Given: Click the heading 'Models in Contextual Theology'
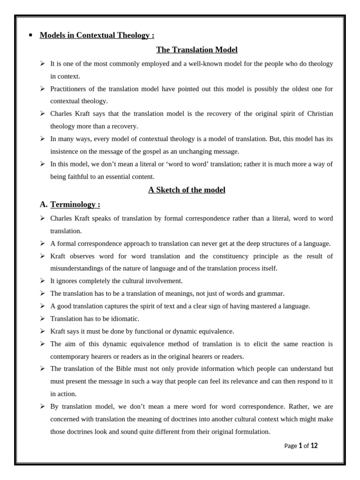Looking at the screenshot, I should [97, 35].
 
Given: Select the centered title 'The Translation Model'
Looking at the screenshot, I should [197, 50].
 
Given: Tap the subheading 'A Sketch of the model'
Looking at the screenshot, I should [187, 190].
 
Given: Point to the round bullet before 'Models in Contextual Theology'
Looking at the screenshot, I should [30, 36].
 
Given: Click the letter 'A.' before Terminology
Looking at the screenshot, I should [44, 204].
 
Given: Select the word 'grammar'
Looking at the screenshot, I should [270, 293].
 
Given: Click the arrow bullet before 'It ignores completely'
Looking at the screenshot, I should [42, 281].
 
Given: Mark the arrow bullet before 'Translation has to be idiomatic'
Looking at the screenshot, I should [42, 319].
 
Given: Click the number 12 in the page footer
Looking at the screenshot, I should [314, 446].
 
